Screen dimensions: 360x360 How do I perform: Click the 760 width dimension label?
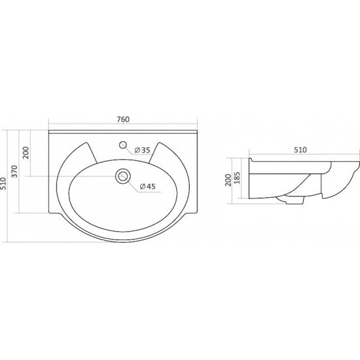(x=123, y=119)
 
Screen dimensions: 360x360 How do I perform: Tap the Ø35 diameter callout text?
(x=142, y=150)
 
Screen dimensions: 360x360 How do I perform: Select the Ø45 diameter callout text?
(x=148, y=187)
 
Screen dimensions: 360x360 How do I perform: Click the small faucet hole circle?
(x=123, y=145)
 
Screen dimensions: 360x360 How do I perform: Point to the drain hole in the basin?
(x=123, y=176)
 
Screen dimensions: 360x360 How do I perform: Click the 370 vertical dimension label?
(x=14, y=171)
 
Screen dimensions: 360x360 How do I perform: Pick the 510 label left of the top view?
(x=3, y=183)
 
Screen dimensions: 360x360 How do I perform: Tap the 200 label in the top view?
(x=26, y=153)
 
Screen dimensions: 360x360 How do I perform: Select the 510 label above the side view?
(x=300, y=150)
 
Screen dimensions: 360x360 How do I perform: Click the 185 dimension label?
(x=237, y=177)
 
